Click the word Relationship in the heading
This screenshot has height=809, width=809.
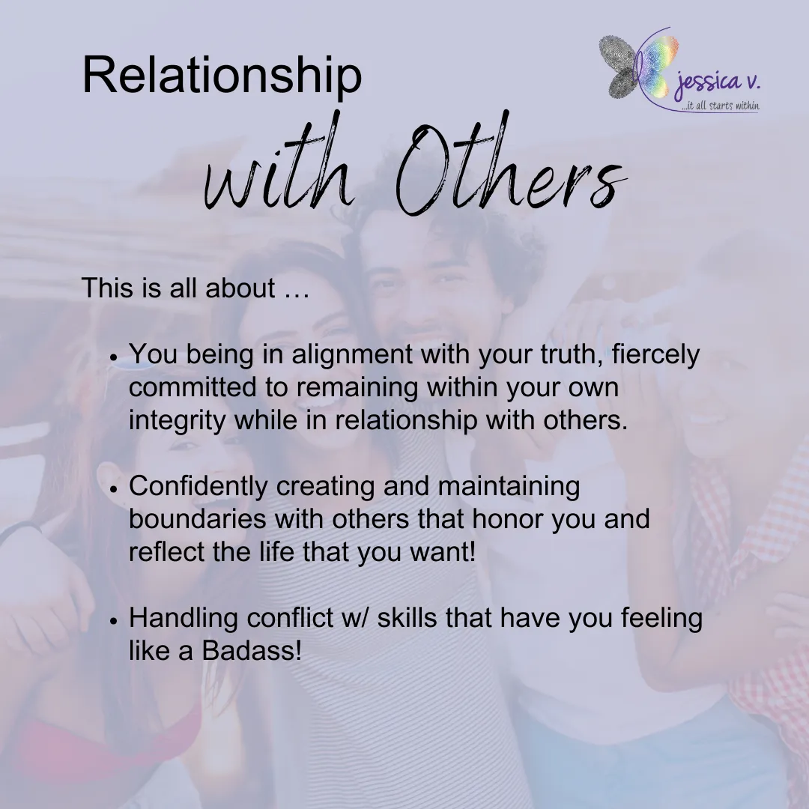(x=222, y=76)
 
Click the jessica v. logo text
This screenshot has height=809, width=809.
(x=718, y=82)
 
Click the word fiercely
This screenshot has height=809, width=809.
(x=655, y=355)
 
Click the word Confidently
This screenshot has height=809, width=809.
(x=198, y=487)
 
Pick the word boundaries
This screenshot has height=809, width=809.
(x=198, y=519)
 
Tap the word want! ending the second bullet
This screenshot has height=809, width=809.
(x=442, y=553)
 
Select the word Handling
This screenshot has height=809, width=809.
(x=184, y=619)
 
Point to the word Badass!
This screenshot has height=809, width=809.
(x=251, y=651)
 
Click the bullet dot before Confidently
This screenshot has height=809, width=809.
(x=114, y=488)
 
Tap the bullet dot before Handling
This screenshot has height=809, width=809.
(x=114, y=619)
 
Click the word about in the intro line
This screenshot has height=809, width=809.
(x=240, y=288)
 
